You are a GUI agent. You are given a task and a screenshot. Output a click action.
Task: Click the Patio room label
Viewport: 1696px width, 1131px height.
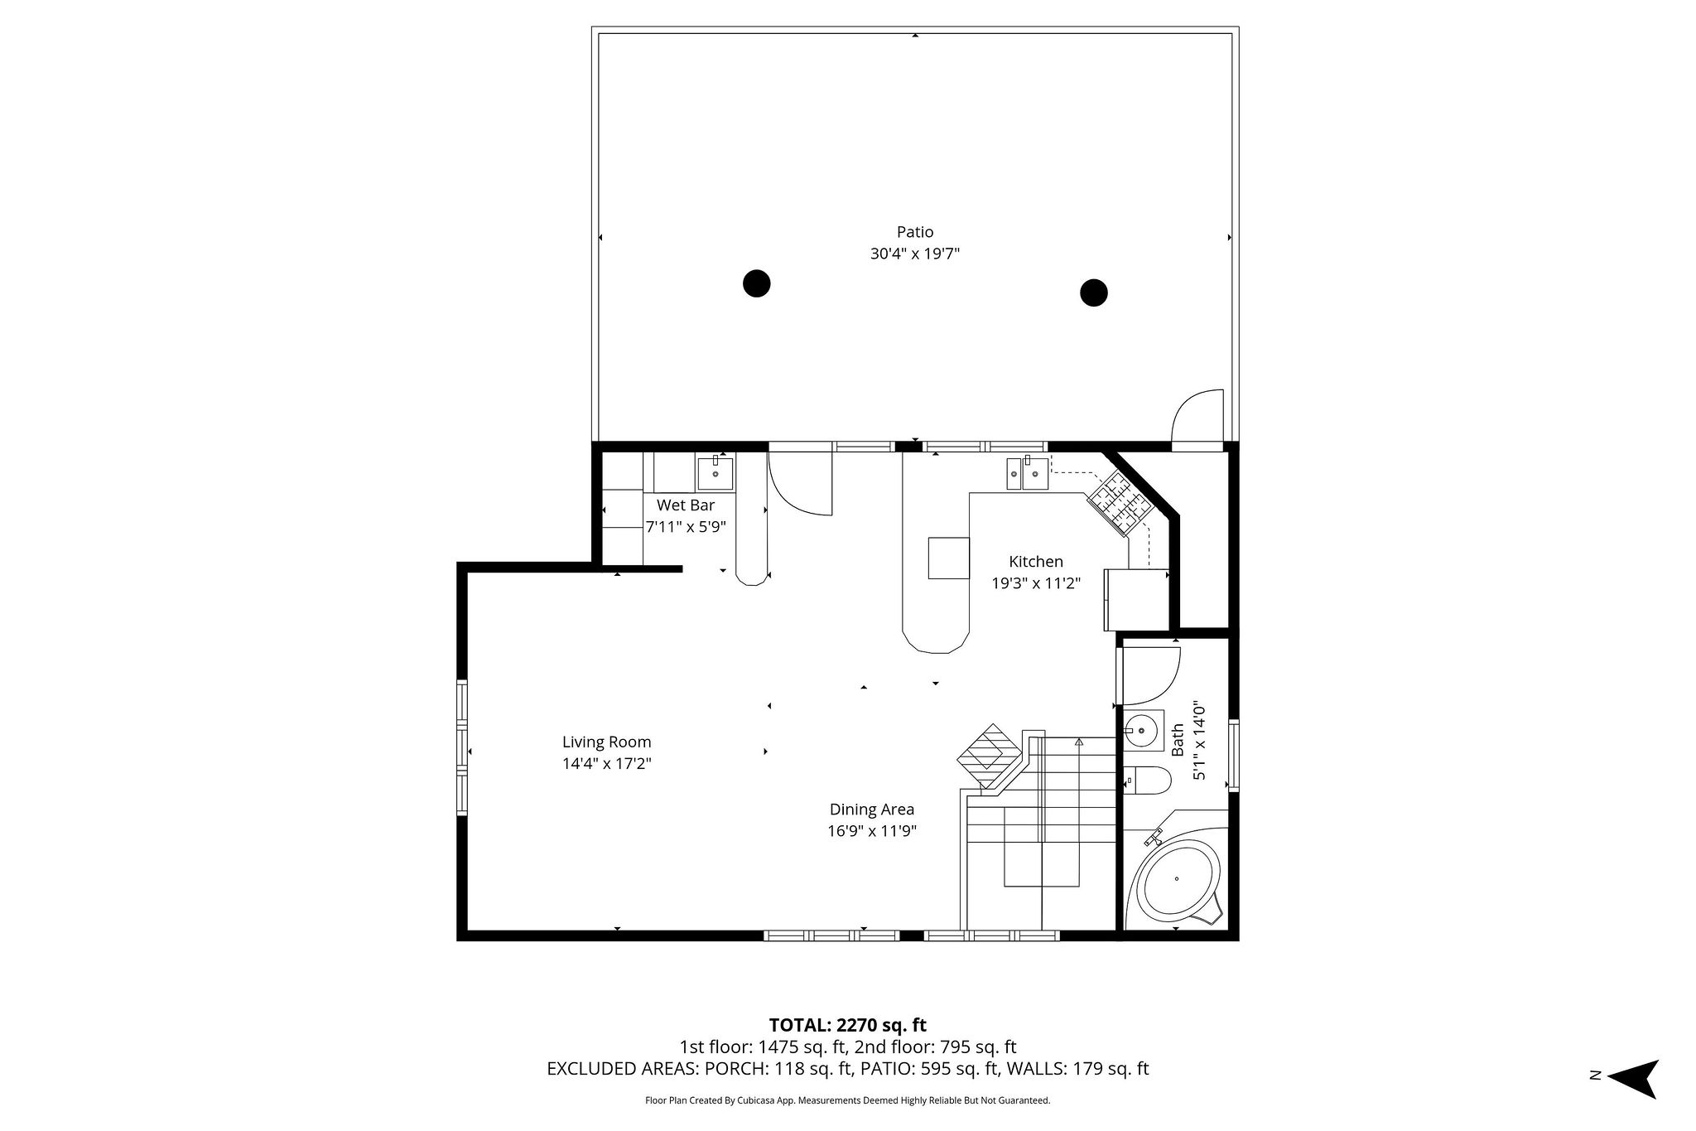click(x=914, y=232)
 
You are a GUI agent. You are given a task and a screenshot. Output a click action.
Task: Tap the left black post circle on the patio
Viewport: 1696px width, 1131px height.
click(x=756, y=283)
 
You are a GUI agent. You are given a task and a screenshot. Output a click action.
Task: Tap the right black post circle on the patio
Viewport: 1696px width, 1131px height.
click(x=1094, y=292)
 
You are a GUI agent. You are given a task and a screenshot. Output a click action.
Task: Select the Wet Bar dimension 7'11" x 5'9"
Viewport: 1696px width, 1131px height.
click(x=686, y=526)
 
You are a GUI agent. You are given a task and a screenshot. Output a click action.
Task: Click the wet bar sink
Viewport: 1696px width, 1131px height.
click(x=715, y=474)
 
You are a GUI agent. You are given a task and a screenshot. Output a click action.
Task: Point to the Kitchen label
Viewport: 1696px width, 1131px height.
click(x=1035, y=562)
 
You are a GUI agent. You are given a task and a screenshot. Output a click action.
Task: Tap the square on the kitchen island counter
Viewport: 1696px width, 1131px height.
click(x=948, y=558)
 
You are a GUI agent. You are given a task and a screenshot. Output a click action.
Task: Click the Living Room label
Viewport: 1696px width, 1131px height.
click(x=606, y=742)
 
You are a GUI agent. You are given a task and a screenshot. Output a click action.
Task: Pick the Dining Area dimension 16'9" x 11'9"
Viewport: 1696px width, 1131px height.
click(x=871, y=831)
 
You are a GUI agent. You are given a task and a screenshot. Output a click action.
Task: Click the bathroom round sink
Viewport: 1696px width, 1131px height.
click(x=1142, y=730)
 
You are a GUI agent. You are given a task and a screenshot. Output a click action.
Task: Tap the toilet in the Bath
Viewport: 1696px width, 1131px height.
click(x=1149, y=780)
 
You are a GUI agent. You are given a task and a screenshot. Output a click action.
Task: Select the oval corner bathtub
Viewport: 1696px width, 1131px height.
click(x=1178, y=878)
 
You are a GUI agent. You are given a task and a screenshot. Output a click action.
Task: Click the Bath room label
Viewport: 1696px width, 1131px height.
click(x=1178, y=740)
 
